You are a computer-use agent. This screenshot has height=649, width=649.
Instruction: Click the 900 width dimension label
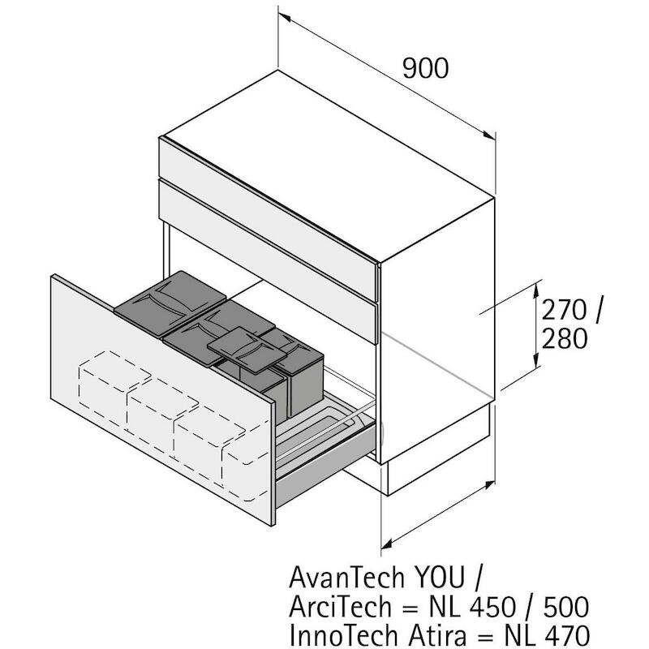[x=425, y=68]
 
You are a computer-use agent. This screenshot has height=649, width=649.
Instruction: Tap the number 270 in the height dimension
[x=564, y=310]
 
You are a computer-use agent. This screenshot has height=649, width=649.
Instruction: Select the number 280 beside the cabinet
[x=565, y=338]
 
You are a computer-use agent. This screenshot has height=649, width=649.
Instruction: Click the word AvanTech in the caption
[x=346, y=578]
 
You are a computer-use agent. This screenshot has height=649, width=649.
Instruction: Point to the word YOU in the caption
[x=440, y=578]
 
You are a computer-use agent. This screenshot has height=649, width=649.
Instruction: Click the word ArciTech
[x=340, y=607]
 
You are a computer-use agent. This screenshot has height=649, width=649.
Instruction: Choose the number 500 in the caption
[x=565, y=607]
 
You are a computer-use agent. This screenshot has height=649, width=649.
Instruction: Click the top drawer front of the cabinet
[x=269, y=219]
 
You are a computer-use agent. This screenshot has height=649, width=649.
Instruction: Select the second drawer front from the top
[x=269, y=260]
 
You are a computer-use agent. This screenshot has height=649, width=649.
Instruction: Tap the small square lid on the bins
[x=247, y=347]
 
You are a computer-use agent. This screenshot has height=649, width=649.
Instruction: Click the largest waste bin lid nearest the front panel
[x=170, y=298]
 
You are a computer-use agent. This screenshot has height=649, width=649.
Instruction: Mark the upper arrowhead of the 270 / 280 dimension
[x=536, y=288]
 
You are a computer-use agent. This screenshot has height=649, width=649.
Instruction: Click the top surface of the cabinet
[x=327, y=165]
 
